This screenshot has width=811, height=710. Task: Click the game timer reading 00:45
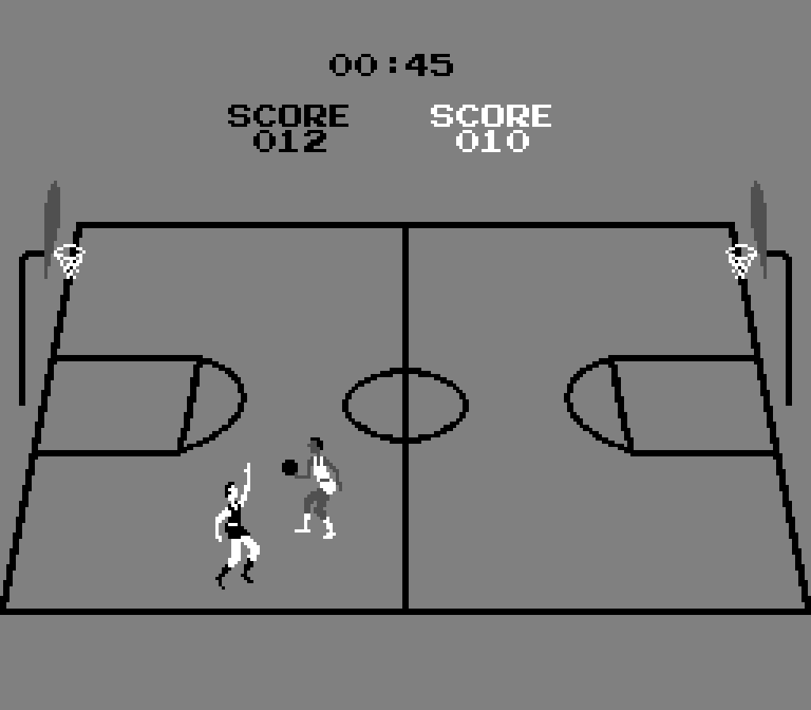[x=391, y=65]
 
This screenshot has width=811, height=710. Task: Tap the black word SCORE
[x=287, y=116]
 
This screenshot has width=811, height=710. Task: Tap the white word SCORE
[x=490, y=116]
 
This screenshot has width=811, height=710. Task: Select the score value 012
[x=290, y=141]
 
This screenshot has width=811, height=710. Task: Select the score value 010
[x=492, y=141]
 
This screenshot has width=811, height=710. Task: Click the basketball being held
[x=290, y=468]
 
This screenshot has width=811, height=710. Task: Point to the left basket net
[x=70, y=261]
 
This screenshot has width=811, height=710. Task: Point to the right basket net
[x=741, y=261]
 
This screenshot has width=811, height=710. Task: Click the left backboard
[x=52, y=222]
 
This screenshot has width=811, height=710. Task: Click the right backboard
[x=759, y=222]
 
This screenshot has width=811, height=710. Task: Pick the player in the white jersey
[x=319, y=487]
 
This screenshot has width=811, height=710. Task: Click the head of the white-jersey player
[x=316, y=447]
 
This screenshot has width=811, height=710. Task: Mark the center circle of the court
[x=405, y=404]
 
